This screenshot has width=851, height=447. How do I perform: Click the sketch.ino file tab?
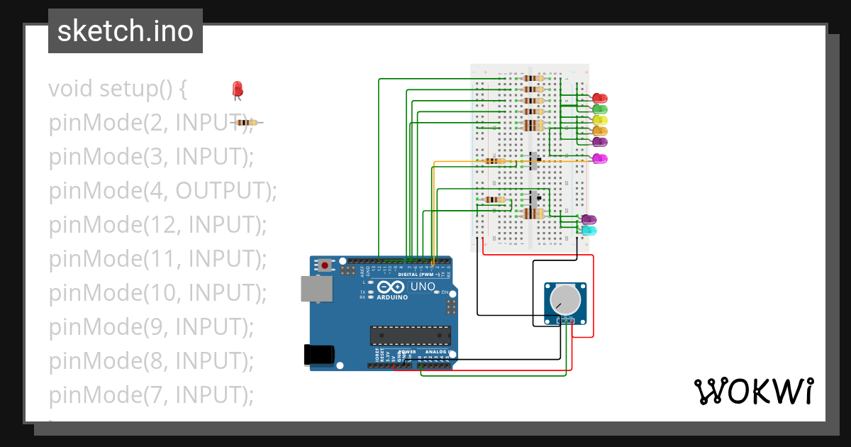pyautogui.click(x=126, y=31)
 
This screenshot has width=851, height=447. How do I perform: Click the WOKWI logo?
pyautogui.click(x=752, y=391)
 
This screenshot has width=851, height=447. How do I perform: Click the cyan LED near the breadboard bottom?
pyautogui.click(x=589, y=231)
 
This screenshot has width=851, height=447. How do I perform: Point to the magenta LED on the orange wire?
pyautogui.click(x=600, y=158)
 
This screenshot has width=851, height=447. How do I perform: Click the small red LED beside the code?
pyautogui.click(x=238, y=89)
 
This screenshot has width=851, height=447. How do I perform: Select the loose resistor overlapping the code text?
pyautogui.click(x=246, y=123)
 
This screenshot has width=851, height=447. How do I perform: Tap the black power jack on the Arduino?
pyautogui.click(x=318, y=355)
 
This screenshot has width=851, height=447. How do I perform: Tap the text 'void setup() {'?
pyautogui.click(x=118, y=89)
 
